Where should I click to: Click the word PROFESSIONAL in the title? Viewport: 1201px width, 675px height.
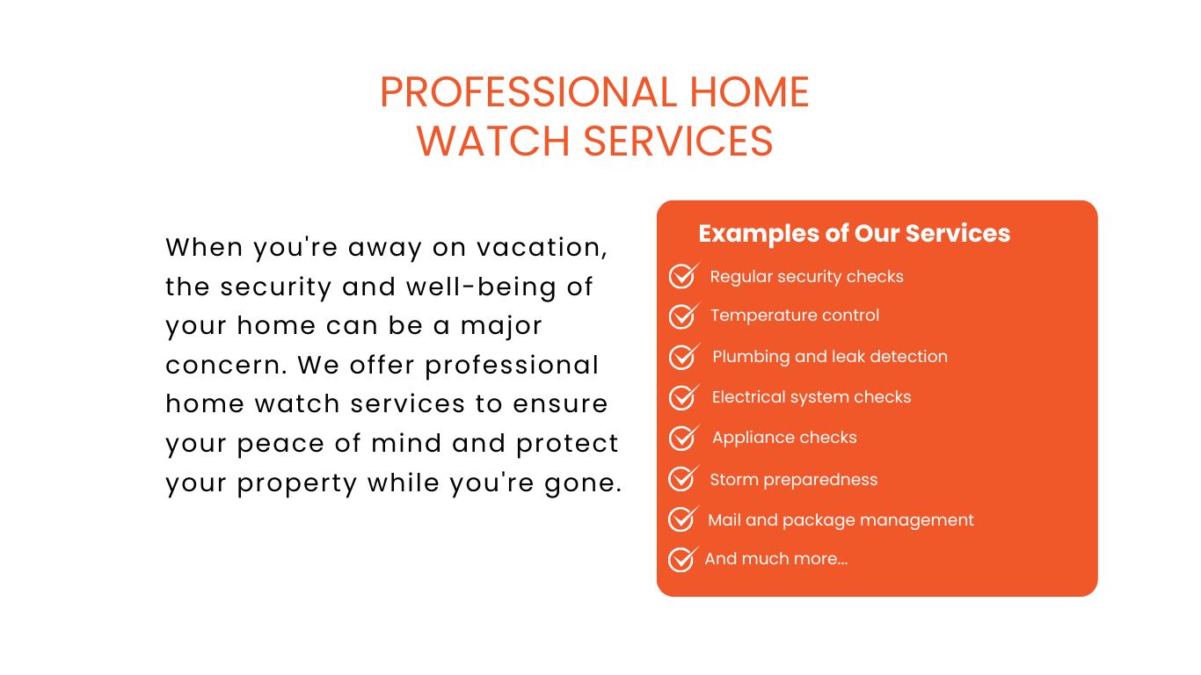coord(528,92)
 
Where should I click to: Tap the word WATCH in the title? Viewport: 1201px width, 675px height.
coord(492,142)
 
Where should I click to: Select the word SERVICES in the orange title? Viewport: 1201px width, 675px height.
coord(678,142)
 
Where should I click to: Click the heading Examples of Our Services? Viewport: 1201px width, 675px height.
coord(854,233)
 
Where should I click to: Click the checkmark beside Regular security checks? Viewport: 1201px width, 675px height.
coord(684,276)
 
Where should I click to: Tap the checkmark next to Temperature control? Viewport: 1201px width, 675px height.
coord(684,316)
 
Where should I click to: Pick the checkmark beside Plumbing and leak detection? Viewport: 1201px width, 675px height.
coord(684,357)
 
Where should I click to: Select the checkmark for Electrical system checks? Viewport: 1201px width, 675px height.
coord(684,396)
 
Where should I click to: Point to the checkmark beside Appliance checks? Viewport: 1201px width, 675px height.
coord(684,438)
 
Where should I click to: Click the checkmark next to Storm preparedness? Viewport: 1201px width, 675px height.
coord(684,478)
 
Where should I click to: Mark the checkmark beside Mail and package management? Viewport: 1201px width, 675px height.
coord(683,519)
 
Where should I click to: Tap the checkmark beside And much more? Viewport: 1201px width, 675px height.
coord(683,559)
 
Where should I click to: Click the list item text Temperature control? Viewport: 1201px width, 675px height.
coord(795,316)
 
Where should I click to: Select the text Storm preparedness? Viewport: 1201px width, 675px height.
coord(794,479)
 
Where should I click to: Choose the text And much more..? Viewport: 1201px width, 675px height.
coord(775,559)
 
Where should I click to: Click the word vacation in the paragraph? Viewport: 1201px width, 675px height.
coord(542,247)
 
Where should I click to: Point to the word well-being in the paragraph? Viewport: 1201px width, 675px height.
coord(482,287)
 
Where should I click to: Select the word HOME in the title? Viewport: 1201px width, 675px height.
coord(749,92)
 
